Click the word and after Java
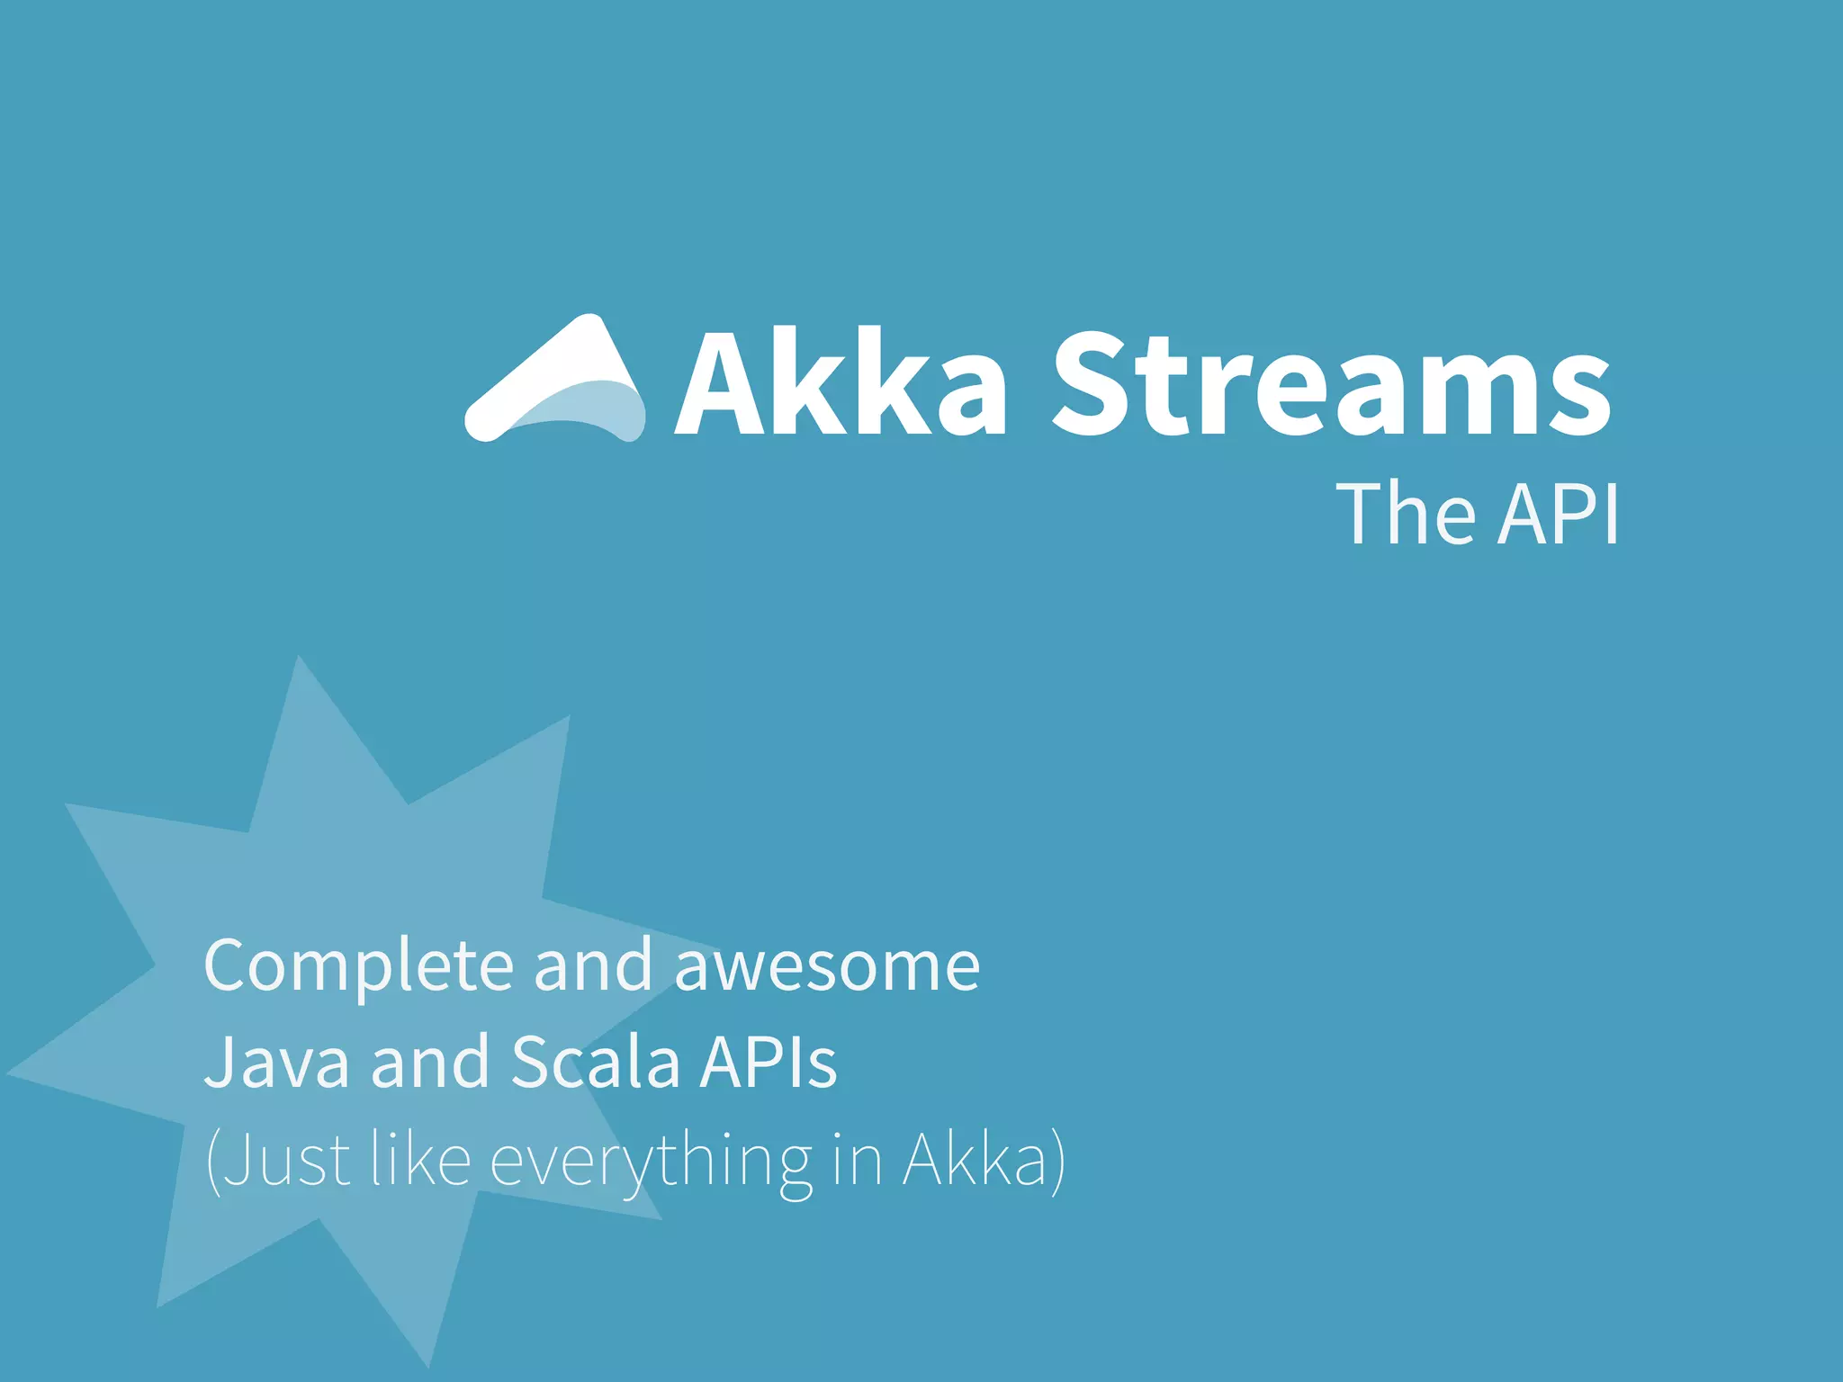(x=429, y=1063)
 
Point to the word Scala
(x=595, y=1063)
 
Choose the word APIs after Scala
(x=769, y=1063)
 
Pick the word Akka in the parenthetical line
(x=976, y=1161)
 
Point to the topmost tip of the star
(x=299, y=659)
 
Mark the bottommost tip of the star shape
(x=428, y=1365)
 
